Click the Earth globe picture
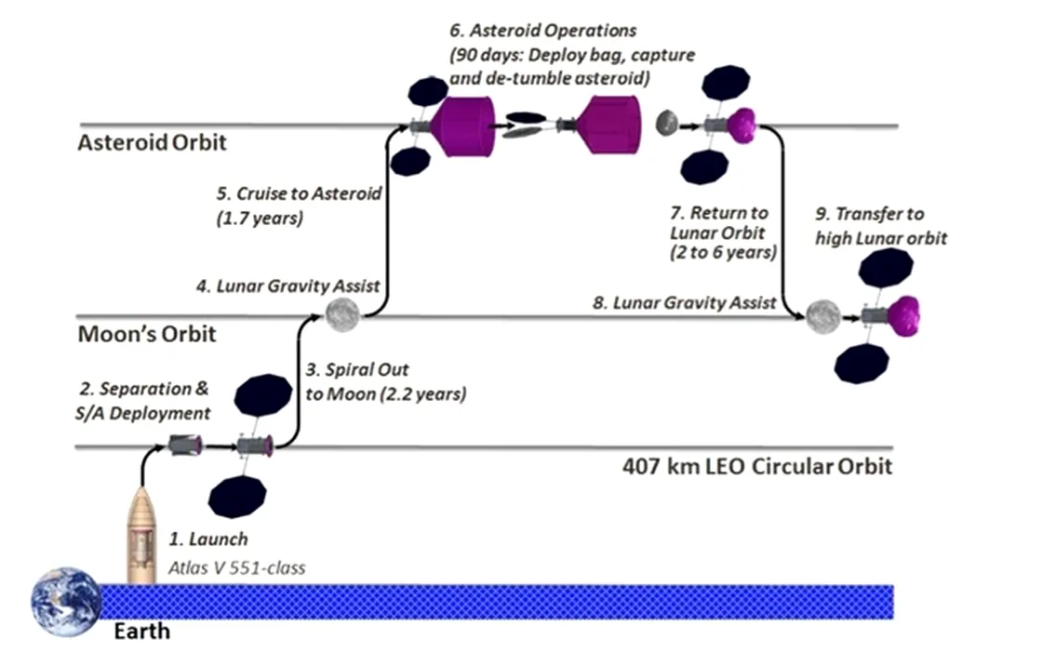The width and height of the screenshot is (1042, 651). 65,600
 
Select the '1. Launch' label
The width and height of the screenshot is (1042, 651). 207,538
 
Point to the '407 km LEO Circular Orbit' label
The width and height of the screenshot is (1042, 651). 756,466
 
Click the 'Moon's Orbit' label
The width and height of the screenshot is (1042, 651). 146,334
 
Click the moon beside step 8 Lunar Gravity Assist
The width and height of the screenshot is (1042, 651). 822,316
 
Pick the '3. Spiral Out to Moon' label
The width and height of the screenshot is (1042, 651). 385,381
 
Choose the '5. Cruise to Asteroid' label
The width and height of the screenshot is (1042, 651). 298,204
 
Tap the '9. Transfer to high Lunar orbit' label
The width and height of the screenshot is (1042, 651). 881,227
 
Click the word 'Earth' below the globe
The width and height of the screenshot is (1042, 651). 141,633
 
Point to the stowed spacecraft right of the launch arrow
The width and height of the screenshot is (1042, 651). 184,446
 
